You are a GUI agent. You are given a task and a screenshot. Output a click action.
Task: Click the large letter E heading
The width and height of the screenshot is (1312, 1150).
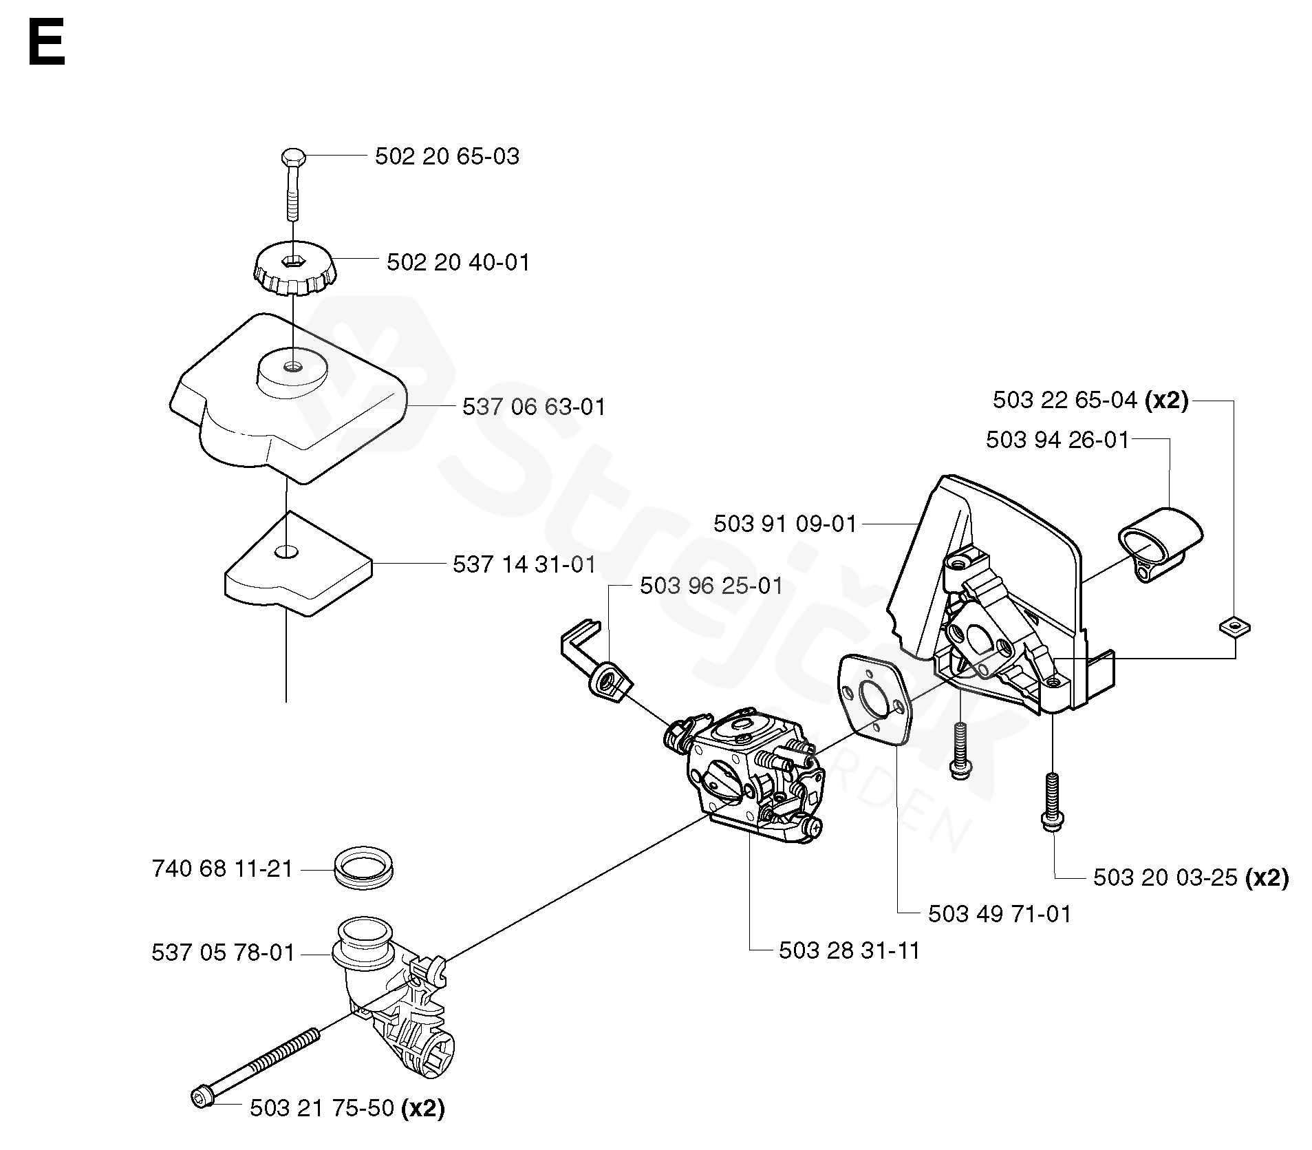47,43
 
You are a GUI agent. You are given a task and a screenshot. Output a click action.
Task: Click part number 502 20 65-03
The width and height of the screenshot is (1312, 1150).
447,156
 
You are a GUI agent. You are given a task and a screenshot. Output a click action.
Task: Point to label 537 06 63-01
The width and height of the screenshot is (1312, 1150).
534,407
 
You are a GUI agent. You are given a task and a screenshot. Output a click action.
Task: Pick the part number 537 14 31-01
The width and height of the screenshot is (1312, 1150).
524,564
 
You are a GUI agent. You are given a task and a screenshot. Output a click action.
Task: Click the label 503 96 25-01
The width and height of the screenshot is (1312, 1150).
711,586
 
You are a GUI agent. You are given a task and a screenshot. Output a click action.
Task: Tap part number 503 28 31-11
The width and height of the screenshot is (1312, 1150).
849,950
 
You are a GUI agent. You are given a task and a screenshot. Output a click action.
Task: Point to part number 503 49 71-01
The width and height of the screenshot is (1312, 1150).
1000,914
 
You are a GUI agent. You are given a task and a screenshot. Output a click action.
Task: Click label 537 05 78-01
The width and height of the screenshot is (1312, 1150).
223,952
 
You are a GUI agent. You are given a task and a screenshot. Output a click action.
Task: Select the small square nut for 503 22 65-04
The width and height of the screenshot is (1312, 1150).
1234,626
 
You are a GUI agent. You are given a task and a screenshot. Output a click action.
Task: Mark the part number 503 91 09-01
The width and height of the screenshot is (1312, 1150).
785,524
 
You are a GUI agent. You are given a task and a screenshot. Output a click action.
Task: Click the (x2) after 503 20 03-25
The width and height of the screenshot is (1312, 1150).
1267,877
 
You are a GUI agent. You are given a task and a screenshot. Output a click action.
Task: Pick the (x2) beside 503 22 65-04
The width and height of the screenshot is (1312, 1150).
1166,400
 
